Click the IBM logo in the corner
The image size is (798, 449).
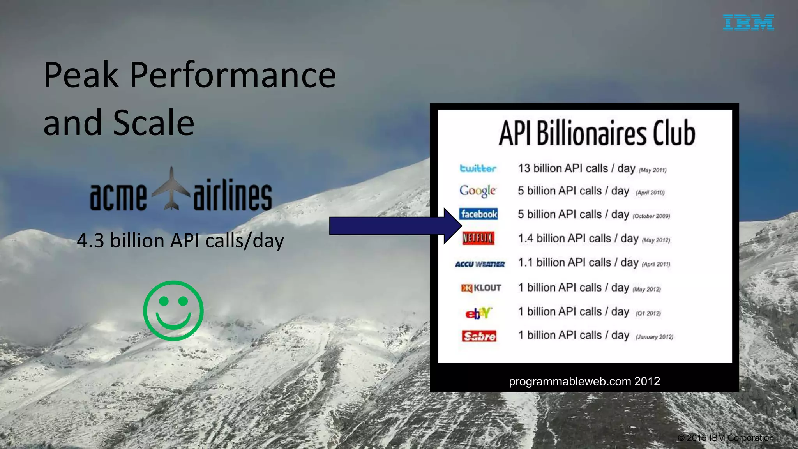(x=748, y=23)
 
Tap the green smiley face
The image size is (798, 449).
(x=173, y=311)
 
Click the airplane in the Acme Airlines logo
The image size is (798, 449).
(x=171, y=189)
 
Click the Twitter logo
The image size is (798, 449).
(x=478, y=168)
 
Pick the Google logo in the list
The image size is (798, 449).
(x=477, y=191)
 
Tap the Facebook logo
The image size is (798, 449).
(x=478, y=214)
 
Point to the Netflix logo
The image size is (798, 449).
(x=478, y=238)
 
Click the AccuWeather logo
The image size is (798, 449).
(x=480, y=264)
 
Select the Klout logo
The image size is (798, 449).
(x=481, y=288)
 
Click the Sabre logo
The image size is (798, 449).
(x=479, y=336)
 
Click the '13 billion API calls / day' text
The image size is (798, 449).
(x=576, y=168)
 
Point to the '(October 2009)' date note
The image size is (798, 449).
(x=651, y=216)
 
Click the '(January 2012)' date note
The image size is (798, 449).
(x=654, y=337)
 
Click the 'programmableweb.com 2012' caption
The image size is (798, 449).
(x=584, y=381)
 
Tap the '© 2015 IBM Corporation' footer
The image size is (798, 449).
(x=725, y=438)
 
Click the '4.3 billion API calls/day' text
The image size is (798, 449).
(x=180, y=240)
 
